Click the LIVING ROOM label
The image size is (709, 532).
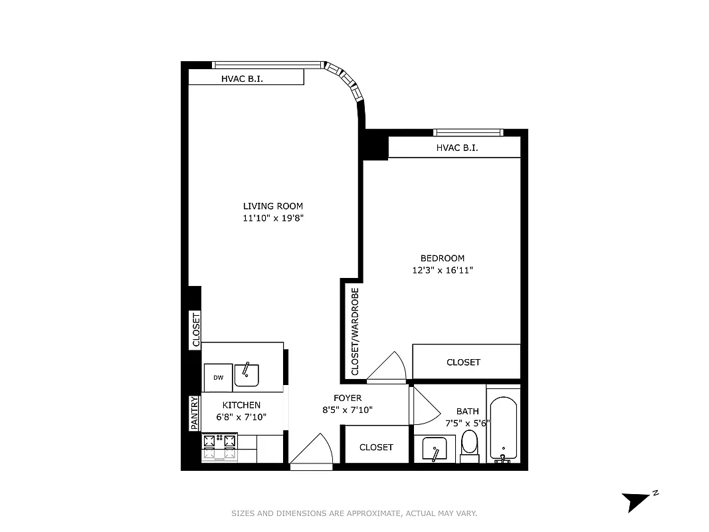click(x=272, y=206)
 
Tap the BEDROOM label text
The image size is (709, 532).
click(x=442, y=258)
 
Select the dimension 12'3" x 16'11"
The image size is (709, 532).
click(x=442, y=271)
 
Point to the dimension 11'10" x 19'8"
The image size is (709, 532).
click(x=272, y=218)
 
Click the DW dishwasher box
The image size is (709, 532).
click(x=218, y=378)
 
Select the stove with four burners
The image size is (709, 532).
click(x=220, y=446)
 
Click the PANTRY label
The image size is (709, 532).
click(x=194, y=413)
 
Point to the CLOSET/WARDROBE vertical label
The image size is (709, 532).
click(x=355, y=332)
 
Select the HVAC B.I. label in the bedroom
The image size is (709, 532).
click(x=457, y=148)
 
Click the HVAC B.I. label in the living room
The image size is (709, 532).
click(x=242, y=79)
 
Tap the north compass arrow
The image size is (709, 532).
click(x=635, y=500)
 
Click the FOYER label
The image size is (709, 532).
click(x=348, y=398)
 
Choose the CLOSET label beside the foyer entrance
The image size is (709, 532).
click(x=376, y=448)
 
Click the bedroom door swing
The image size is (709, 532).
click(x=387, y=367)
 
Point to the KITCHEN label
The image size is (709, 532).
click(x=241, y=405)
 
